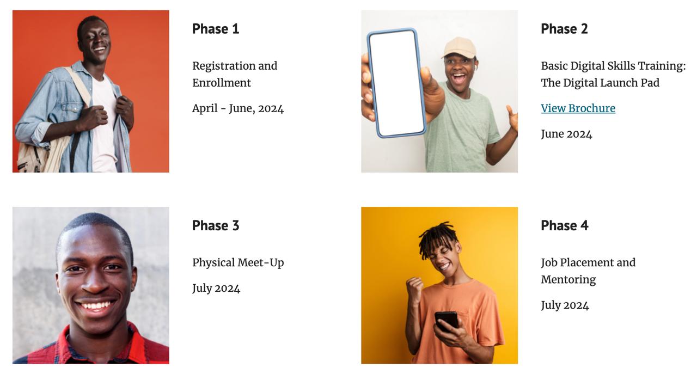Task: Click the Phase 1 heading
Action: [x=216, y=29]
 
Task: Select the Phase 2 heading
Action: [x=565, y=29]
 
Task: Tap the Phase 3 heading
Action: [x=216, y=225]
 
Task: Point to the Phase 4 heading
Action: [x=565, y=225]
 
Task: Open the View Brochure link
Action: [x=578, y=108]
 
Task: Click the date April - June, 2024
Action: [x=238, y=108]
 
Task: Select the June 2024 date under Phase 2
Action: [x=566, y=134]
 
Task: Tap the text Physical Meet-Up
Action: [x=238, y=262]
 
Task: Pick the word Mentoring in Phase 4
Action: [x=568, y=280]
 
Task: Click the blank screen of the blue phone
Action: [x=397, y=82]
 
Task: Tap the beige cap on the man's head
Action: [x=459, y=48]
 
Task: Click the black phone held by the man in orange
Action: [x=446, y=321]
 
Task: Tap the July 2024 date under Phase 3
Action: [x=216, y=289]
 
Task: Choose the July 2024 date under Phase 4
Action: [x=565, y=305]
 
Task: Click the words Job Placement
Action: [x=577, y=263]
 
